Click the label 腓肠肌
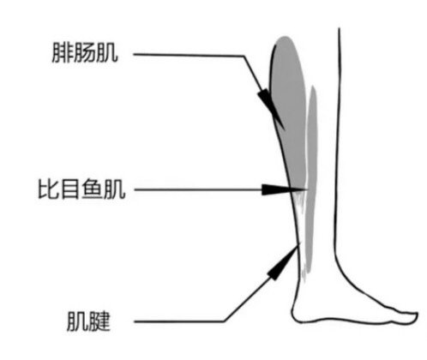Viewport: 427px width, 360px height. click(x=85, y=53)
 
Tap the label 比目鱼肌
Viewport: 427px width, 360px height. click(x=82, y=189)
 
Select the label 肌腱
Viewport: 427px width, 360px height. click(x=88, y=321)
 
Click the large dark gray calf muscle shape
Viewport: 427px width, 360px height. click(x=288, y=111)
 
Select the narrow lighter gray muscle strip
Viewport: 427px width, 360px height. click(x=311, y=177)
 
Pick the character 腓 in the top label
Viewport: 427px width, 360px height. click(x=62, y=53)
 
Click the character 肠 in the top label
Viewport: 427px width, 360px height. click(x=85, y=53)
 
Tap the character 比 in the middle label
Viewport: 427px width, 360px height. click(x=49, y=189)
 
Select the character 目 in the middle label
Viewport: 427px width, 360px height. click(x=70, y=189)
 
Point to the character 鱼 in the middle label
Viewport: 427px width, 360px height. click(x=92, y=189)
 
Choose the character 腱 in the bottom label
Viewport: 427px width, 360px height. click(x=99, y=321)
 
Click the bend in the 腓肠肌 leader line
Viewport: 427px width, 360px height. click(x=244, y=56)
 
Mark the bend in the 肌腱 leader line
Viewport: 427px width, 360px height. click(x=225, y=321)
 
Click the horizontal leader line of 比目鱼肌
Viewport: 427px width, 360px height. click(x=199, y=189)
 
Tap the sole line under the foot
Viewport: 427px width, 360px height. click(x=354, y=321)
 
